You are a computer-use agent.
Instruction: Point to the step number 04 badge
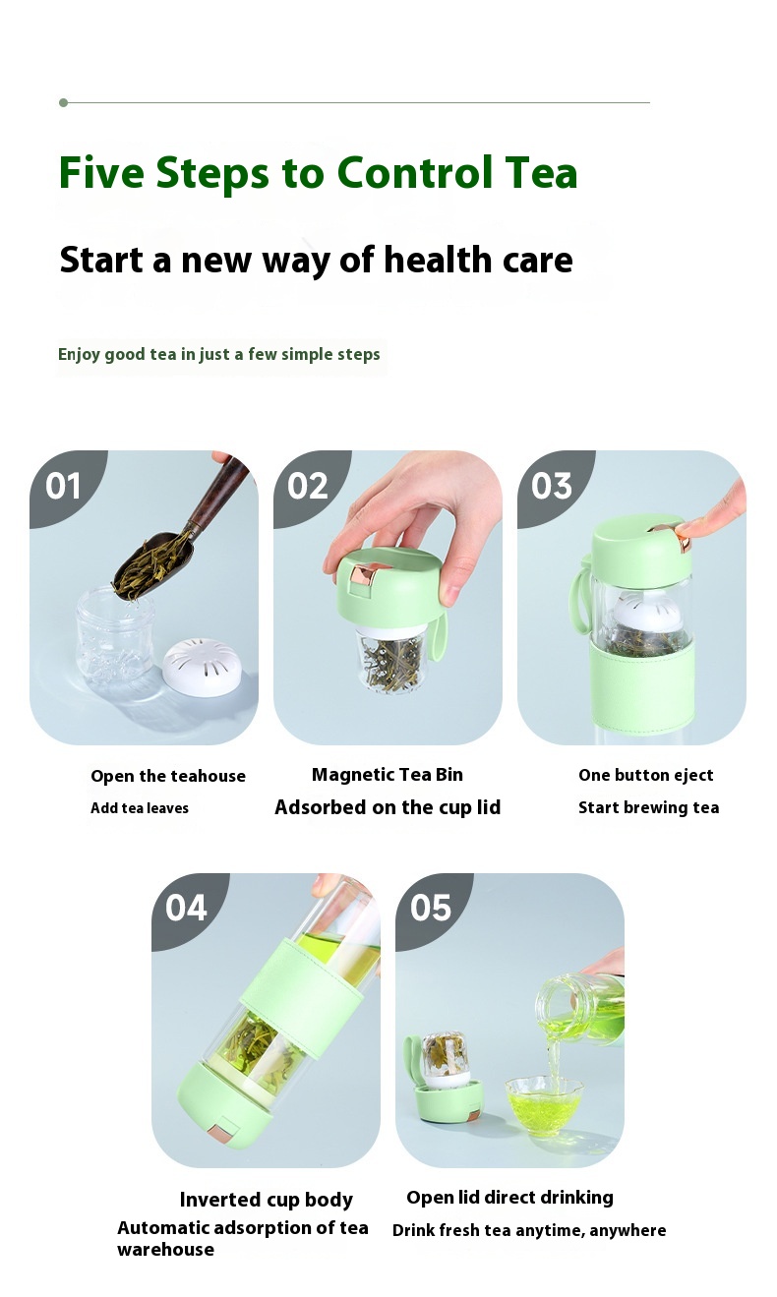(186, 908)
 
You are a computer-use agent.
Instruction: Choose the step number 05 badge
(430, 908)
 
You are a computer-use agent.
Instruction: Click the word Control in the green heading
(414, 172)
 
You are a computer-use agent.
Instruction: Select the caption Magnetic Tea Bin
(388, 775)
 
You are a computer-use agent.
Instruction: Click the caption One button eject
(645, 775)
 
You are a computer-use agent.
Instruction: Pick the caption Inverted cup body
(266, 1199)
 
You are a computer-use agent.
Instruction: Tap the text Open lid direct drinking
(509, 1198)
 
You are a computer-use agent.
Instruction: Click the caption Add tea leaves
(140, 807)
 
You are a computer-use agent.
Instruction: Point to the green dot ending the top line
(64, 103)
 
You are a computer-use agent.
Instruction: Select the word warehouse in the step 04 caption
(165, 1249)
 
